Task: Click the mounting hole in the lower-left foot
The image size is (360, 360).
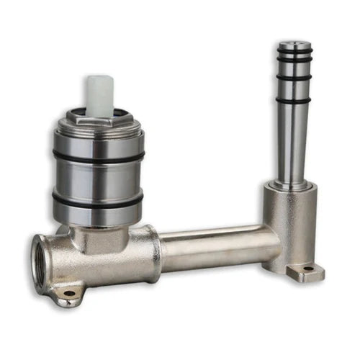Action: click(69, 294)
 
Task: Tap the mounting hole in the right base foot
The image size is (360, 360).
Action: click(308, 269)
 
